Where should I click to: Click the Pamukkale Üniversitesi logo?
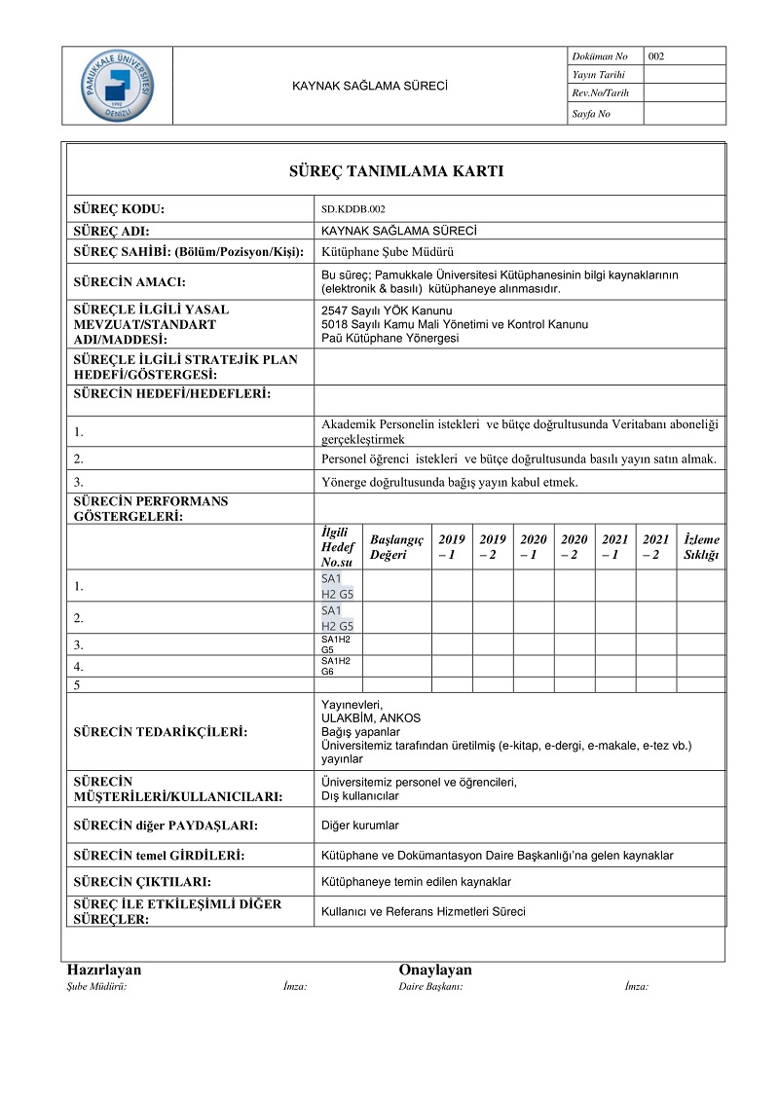click(x=116, y=86)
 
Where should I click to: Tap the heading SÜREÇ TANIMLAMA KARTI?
click(x=395, y=171)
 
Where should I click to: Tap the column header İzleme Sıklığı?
click(x=701, y=547)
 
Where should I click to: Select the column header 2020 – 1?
click(x=534, y=547)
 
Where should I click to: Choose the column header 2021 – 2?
click(x=655, y=547)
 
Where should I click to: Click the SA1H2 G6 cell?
click(x=336, y=666)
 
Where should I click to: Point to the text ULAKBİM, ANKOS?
click(x=364, y=718)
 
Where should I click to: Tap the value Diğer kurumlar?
click(x=360, y=826)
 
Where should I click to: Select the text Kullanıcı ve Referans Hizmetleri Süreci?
click(x=423, y=912)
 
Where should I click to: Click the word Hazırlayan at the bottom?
click(x=104, y=971)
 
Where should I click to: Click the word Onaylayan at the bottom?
click(x=435, y=971)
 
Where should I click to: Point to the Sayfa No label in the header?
click(x=590, y=114)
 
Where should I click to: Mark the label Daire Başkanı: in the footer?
click(x=430, y=987)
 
